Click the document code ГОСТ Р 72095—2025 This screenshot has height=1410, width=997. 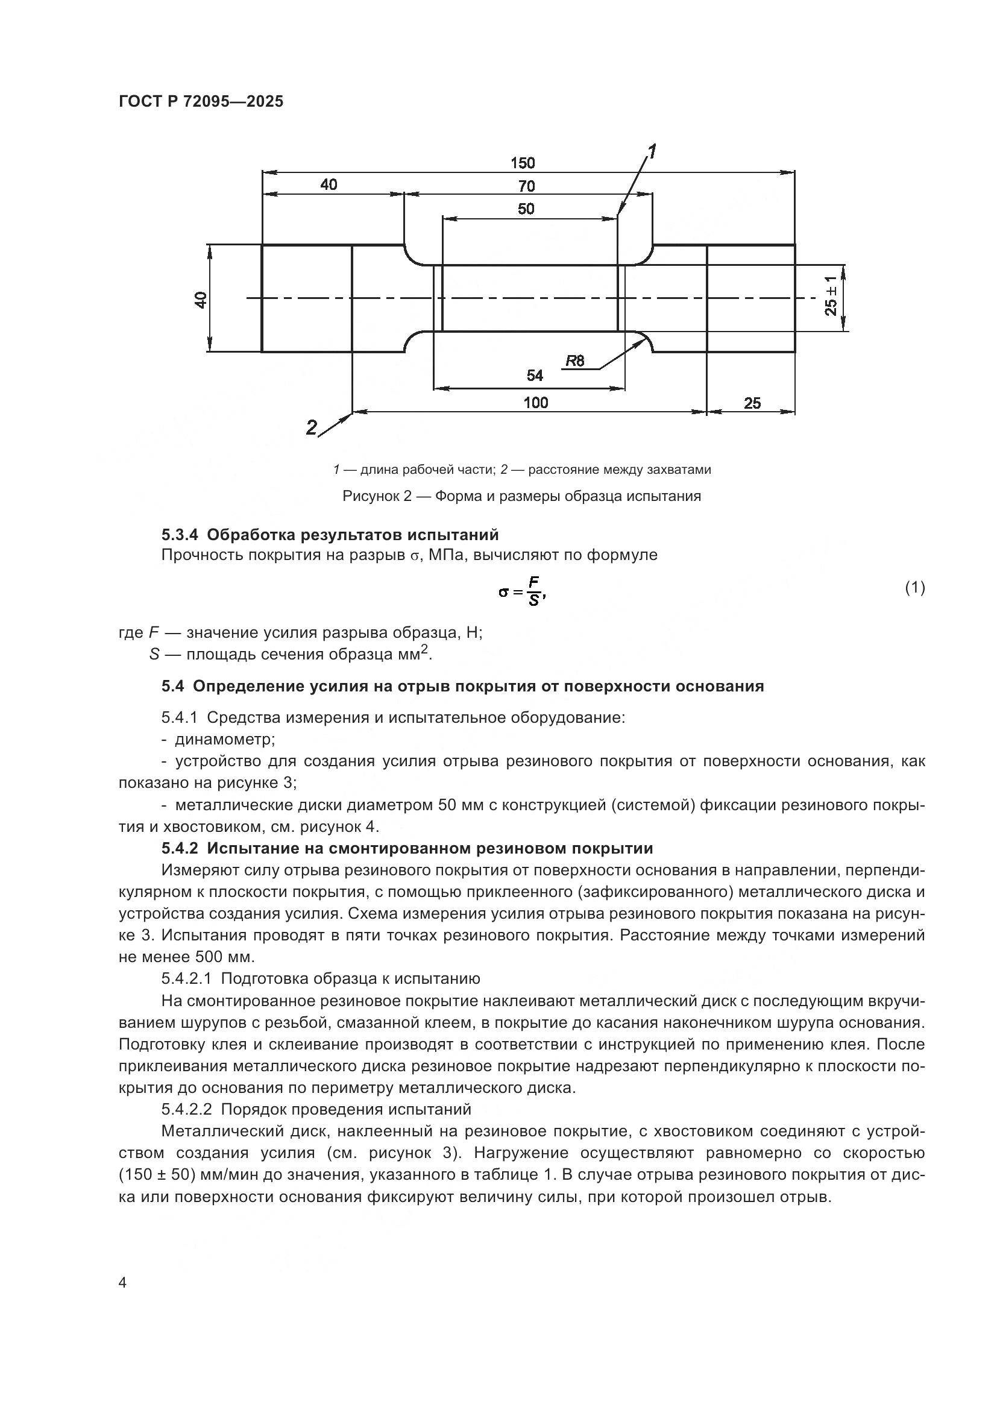tap(201, 102)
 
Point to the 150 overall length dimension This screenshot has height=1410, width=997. tap(523, 163)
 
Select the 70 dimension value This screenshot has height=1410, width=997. tap(526, 186)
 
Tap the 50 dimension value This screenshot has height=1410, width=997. tap(526, 209)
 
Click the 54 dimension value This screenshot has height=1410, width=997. tap(535, 375)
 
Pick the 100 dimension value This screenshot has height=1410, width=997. tap(535, 403)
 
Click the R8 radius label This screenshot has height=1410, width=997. tap(574, 361)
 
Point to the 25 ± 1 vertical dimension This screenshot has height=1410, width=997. tap(831, 297)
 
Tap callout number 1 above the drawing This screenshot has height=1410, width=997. tap(652, 151)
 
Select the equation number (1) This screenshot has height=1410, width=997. tap(914, 588)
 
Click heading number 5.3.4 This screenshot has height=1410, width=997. tap(180, 534)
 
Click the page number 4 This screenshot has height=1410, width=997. tap(123, 1283)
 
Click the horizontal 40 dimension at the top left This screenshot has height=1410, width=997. tap(329, 184)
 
